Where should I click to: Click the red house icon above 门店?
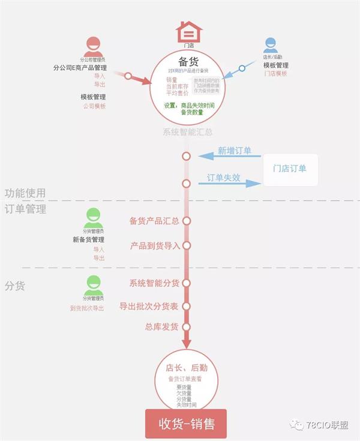point(188,31)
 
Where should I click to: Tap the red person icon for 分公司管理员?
point(93,46)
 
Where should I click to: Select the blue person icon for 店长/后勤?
point(271,44)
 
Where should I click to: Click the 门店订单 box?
point(290,169)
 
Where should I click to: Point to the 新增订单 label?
point(235,151)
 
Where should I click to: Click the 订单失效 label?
point(224,178)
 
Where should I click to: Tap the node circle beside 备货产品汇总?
point(186,221)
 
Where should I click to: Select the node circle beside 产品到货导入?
point(186,245)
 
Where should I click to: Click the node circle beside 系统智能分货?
point(186,283)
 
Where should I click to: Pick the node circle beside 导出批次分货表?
point(186,307)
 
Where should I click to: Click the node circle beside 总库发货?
point(186,327)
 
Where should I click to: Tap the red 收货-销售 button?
point(186,424)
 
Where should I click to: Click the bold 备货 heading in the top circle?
point(188,61)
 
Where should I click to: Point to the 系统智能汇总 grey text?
point(188,132)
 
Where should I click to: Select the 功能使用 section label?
point(25,193)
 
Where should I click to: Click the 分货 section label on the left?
point(15,286)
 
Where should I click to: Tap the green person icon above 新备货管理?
point(94,217)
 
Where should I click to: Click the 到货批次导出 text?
point(87,308)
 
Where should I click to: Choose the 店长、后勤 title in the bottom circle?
point(187,368)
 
